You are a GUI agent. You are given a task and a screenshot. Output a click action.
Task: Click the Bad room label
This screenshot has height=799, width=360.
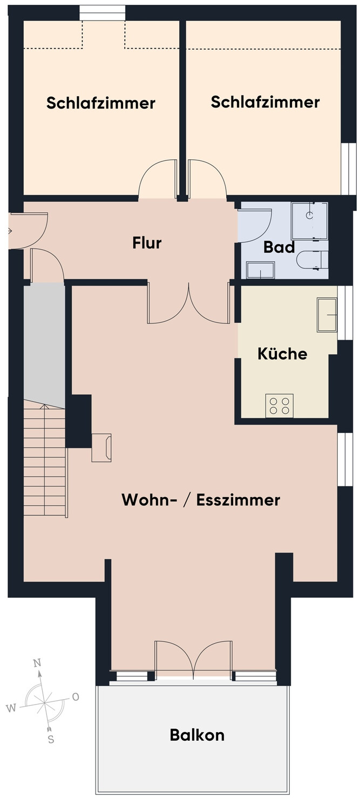click(279, 247)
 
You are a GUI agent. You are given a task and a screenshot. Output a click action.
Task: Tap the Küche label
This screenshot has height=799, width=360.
click(282, 354)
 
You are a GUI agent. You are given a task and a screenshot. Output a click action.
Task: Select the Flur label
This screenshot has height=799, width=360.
click(147, 243)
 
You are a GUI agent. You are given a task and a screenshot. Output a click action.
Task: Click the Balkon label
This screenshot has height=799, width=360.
click(197, 735)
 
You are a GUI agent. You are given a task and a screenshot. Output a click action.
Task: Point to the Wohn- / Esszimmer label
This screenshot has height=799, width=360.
click(201, 500)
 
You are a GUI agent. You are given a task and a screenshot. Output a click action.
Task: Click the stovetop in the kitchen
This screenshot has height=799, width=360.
click(280, 405)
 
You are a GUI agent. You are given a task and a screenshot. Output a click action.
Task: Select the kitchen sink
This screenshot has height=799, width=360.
click(327, 315)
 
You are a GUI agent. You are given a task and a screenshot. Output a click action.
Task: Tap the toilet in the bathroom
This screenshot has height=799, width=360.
click(312, 259)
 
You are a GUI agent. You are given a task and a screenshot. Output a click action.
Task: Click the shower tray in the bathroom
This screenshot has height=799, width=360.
click(309, 221)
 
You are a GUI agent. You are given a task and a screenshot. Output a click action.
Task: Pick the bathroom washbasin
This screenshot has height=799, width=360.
click(261, 270)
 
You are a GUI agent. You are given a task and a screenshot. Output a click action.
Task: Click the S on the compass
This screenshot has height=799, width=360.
click(51, 740)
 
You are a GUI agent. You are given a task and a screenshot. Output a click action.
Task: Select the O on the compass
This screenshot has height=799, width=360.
click(76, 697)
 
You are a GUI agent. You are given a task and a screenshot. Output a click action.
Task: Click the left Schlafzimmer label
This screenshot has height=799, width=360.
click(101, 103)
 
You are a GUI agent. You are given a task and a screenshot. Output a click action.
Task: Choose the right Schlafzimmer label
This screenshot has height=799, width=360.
click(265, 102)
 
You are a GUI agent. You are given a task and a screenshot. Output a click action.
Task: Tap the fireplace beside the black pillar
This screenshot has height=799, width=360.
click(101, 448)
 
